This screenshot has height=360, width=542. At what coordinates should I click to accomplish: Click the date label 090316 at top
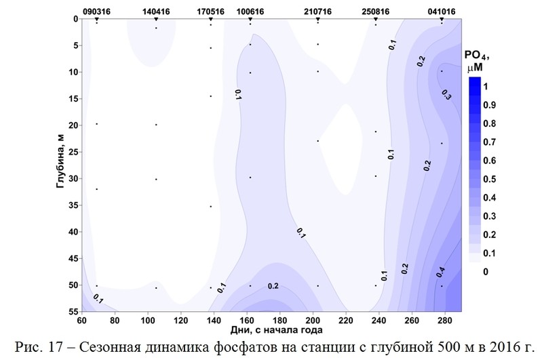pos(97,12)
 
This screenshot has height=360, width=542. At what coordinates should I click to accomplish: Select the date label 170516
pos(212,12)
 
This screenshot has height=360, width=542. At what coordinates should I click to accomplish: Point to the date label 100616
pos(250,12)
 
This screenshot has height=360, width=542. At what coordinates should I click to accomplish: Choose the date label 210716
pos(318,12)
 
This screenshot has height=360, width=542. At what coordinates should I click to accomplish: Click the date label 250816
pos(376,12)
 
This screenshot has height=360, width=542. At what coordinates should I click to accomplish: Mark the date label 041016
pos(442,12)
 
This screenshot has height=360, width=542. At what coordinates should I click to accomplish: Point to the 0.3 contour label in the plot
pos(446,95)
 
